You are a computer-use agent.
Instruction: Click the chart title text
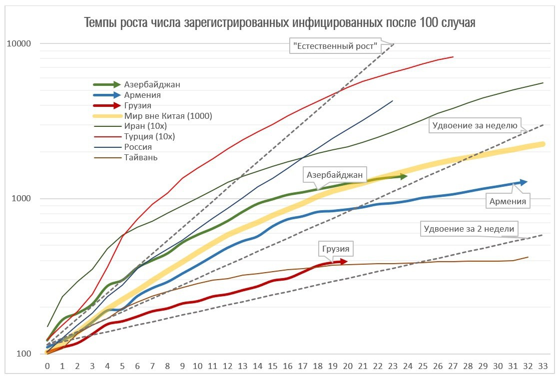click(x=279, y=23)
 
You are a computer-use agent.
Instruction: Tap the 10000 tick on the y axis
click(x=19, y=43)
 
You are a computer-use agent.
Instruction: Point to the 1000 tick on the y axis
click(x=21, y=199)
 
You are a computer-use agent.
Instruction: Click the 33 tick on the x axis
click(x=543, y=366)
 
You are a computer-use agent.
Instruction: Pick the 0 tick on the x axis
click(x=47, y=366)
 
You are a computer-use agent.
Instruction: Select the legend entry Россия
click(x=138, y=147)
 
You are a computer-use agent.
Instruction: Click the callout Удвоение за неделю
click(x=474, y=125)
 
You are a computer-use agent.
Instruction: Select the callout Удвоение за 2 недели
click(x=469, y=230)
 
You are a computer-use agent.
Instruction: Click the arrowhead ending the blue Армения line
click(x=523, y=182)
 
